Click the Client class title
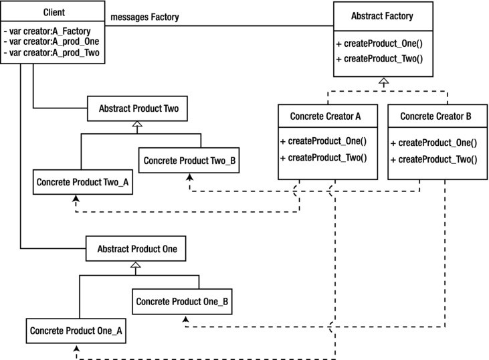[54, 12]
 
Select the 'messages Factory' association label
[144, 17]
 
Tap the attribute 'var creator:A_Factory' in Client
[50, 31]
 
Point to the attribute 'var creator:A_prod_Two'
[54, 52]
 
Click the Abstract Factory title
[382, 15]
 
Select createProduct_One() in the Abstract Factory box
[383, 43]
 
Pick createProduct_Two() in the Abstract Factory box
[383, 58]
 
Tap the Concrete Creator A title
[325, 116]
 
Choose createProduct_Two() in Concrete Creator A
[327, 157]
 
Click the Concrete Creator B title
[435, 116]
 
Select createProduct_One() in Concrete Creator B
[437, 143]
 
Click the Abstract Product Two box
[137, 108]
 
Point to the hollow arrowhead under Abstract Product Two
[137, 124]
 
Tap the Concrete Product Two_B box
[189, 160]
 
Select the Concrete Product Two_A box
[83, 182]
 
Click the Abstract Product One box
[136, 248]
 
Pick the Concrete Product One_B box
[182, 301]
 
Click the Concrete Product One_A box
[76, 331]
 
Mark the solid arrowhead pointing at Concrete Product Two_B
[189, 177]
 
